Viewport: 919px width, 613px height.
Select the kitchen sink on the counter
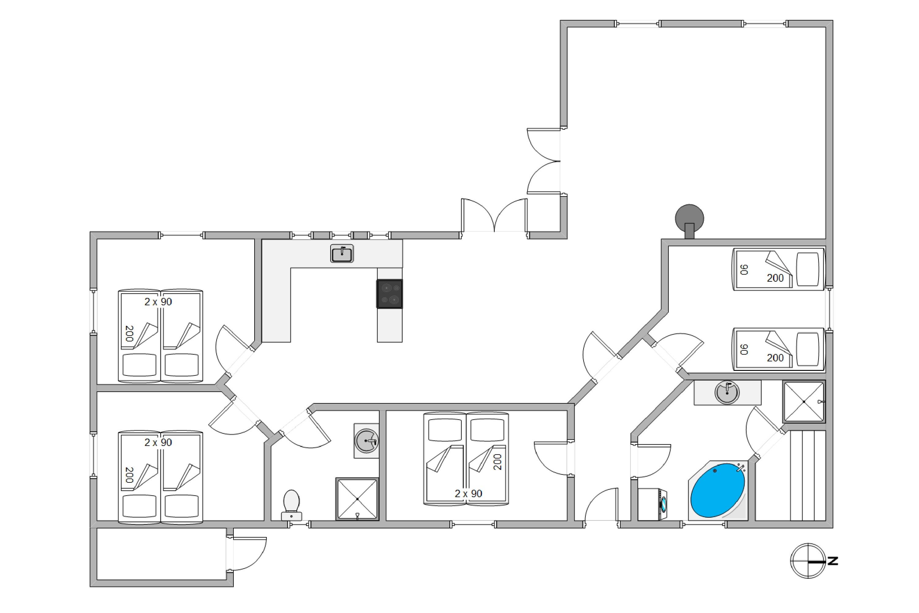342,254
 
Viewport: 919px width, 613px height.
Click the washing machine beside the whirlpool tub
652,504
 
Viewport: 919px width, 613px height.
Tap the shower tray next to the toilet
357,499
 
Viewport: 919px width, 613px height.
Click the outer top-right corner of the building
833,20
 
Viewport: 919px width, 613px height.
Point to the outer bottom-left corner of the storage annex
90,586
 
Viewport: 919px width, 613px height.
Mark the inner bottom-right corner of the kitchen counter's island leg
402,342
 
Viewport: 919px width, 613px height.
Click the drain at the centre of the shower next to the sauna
804,402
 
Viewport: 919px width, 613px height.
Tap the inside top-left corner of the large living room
567,27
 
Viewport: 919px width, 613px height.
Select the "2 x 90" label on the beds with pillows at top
468,494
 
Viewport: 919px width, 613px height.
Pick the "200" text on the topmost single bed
775,278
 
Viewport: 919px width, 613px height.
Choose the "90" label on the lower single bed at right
744,349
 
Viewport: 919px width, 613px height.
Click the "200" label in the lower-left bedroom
129,475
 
